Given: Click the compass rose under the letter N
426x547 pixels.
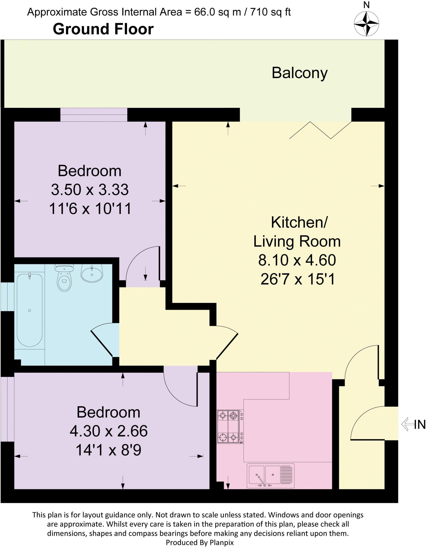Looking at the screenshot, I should pyautogui.click(x=366, y=24).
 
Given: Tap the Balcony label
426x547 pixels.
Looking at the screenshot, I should pyautogui.click(x=300, y=73).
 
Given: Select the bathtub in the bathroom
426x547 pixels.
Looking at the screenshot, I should pyautogui.click(x=29, y=310).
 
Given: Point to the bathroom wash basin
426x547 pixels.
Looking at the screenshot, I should pyautogui.click(x=92, y=274).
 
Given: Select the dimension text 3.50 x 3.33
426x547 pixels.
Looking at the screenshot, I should pyautogui.click(x=90, y=190).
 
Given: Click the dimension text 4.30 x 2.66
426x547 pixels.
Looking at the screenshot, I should pyautogui.click(x=109, y=431).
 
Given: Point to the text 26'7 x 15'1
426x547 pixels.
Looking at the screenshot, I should pyautogui.click(x=297, y=280).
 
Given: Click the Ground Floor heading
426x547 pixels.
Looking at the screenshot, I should pyautogui.click(x=103, y=29).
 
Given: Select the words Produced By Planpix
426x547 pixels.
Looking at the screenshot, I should pyautogui.click(x=200, y=542).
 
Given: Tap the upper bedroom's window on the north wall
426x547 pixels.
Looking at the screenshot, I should pyautogui.click(x=94, y=115).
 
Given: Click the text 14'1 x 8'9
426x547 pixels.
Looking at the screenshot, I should pyautogui.click(x=109, y=450).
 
